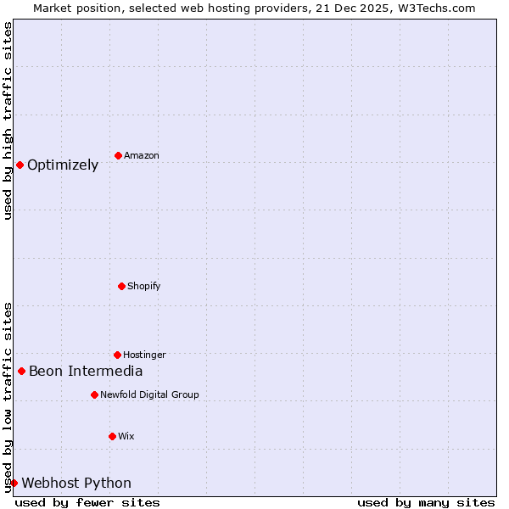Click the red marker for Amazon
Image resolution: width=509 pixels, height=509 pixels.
point(118,155)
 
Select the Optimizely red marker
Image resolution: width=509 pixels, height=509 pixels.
point(20,165)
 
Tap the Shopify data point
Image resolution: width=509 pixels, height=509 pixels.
point(121,286)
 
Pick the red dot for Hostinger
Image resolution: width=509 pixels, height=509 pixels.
point(117,355)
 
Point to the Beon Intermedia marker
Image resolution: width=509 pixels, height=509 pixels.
point(21,371)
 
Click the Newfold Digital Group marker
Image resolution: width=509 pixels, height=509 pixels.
point(94,394)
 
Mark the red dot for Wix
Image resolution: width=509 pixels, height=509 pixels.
point(112,436)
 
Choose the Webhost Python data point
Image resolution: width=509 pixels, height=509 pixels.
point(14,483)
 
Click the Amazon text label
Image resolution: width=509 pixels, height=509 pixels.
point(142,156)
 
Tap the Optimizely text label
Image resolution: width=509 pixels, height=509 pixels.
point(63,165)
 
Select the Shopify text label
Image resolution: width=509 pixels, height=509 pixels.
point(144,287)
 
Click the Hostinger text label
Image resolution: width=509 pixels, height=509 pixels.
point(144,355)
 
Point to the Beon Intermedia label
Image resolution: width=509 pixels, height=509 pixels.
point(86,372)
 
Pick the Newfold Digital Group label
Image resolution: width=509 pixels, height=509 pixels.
point(149,395)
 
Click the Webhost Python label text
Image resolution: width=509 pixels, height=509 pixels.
point(76,484)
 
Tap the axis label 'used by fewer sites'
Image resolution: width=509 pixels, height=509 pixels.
point(87,502)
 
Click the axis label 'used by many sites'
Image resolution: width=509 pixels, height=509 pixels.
point(426,502)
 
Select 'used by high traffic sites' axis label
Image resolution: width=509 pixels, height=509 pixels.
point(8,120)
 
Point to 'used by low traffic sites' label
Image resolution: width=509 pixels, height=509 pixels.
point(8,397)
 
